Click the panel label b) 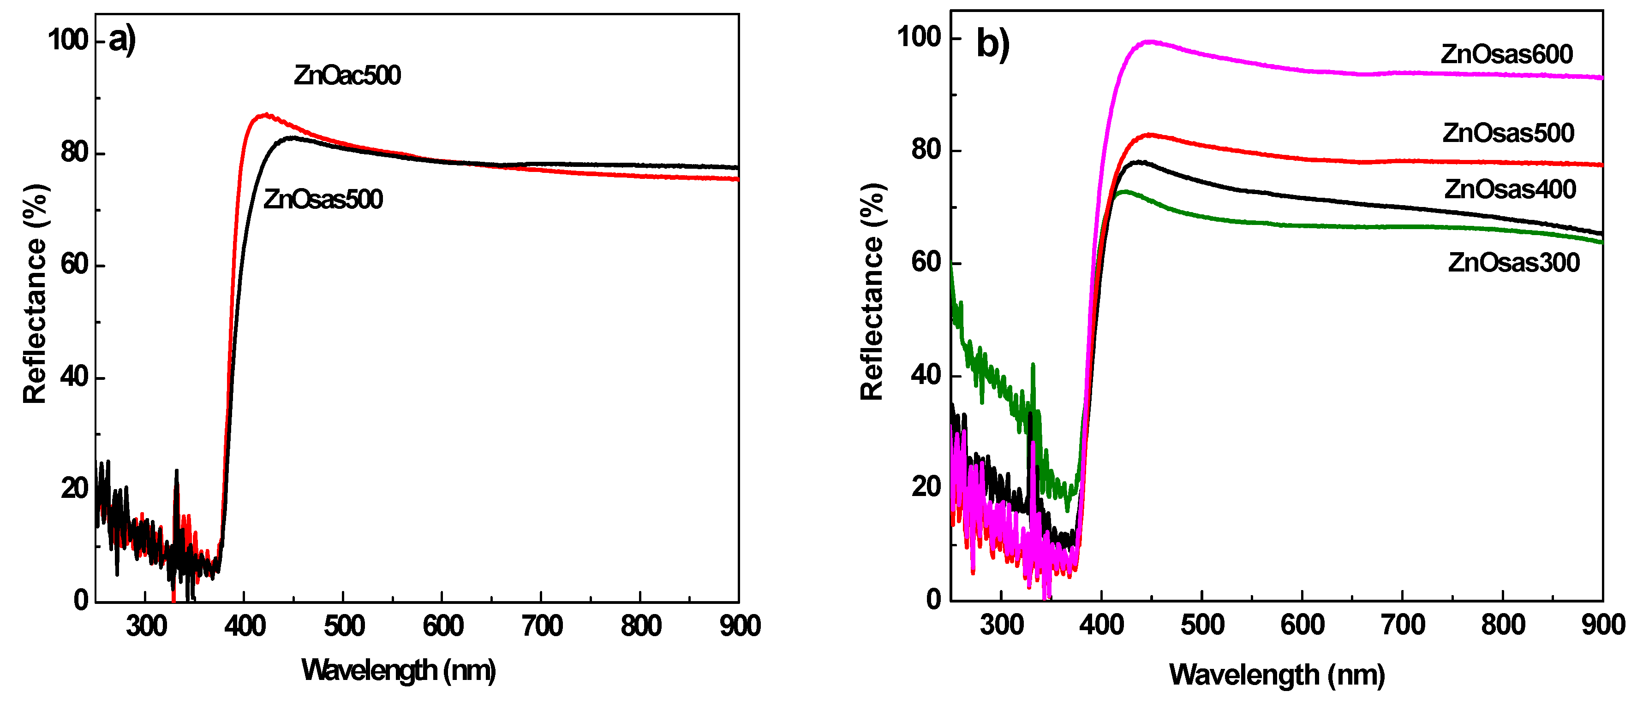(992, 44)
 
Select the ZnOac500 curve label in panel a (347, 76)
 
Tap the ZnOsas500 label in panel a (323, 200)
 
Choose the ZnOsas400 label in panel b (1510, 189)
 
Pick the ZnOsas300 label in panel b (1514, 262)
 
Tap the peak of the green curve (1124, 191)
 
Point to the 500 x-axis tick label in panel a (344, 626)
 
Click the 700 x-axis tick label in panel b (1403, 625)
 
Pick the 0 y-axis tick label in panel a (81, 600)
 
